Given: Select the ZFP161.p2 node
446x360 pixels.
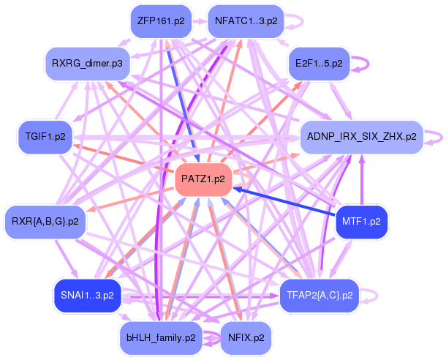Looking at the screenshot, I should click(x=159, y=21).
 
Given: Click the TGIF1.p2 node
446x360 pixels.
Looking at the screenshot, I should click(x=45, y=137).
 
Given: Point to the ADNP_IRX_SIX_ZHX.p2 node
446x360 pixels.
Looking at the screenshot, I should click(x=361, y=137).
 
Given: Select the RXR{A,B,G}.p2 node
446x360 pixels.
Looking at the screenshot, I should click(x=45, y=221).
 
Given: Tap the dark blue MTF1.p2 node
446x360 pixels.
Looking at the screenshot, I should click(x=361, y=221).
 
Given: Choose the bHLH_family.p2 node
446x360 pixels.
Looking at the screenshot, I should click(x=159, y=337).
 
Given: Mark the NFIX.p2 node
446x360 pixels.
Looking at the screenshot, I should click(x=243, y=337).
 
